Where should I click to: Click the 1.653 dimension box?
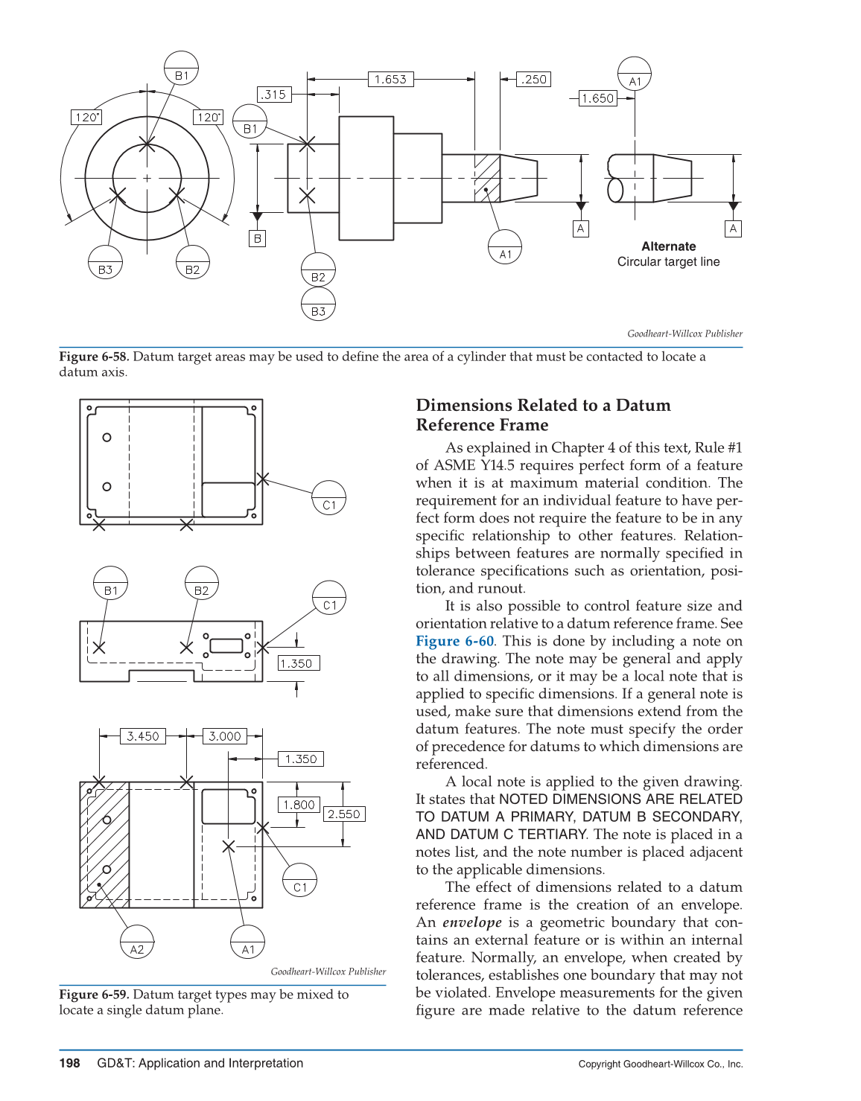pyautogui.click(x=390, y=79)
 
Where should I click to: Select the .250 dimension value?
pyautogui.click(x=533, y=79)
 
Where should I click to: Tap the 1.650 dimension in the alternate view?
pyautogui.click(x=598, y=98)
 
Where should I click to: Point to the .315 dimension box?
pyautogui.click(x=273, y=95)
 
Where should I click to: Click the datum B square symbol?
pyautogui.click(x=257, y=238)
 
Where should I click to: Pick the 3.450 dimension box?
pyautogui.click(x=142, y=736)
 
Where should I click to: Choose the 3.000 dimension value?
pyautogui.click(x=224, y=736)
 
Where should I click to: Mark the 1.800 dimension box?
pyautogui.click(x=299, y=805)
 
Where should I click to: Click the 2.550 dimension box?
pyautogui.click(x=343, y=814)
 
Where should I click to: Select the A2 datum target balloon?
pyautogui.click(x=137, y=942)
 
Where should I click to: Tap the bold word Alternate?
pyautogui.click(x=668, y=246)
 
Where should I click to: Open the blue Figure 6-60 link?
pyautogui.click(x=454, y=641)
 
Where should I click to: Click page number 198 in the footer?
pyautogui.click(x=69, y=1063)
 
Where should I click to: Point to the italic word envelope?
pyautogui.click(x=471, y=922)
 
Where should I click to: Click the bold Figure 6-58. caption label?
pyautogui.click(x=94, y=357)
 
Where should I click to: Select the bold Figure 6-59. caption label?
pyautogui.click(x=94, y=995)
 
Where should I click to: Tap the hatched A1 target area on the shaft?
pyautogui.click(x=487, y=178)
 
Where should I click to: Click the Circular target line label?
pyautogui.click(x=668, y=262)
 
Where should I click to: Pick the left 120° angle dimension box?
pyautogui.click(x=87, y=117)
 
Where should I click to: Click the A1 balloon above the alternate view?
pyautogui.click(x=635, y=74)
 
